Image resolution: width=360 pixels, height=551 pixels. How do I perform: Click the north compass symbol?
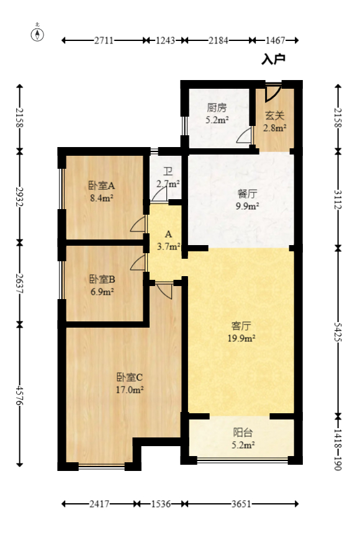pos(38,34)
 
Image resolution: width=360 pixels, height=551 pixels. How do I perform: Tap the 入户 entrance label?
pos(273,60)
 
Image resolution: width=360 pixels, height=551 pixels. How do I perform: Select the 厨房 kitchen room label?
pos(217,106)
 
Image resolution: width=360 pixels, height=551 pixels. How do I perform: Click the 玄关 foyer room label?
pos(274,115)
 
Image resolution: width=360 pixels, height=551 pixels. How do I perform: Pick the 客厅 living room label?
pos(241,325)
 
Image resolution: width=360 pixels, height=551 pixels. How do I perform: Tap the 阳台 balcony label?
pos(243,432)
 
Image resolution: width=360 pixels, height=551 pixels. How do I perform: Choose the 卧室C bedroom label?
pos(130,377)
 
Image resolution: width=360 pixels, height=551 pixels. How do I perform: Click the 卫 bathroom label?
pos(168,172)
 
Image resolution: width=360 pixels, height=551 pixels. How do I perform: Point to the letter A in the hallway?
pos(168,235)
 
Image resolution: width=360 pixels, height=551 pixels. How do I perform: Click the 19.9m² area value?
pos(241,338)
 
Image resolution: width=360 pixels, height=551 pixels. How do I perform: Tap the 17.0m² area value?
pos(130,390)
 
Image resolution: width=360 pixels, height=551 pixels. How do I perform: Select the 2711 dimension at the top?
pos(104,40)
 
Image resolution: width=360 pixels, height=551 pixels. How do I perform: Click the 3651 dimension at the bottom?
pos(241,504)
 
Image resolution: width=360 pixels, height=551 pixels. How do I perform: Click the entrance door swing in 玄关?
pos(271,93)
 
